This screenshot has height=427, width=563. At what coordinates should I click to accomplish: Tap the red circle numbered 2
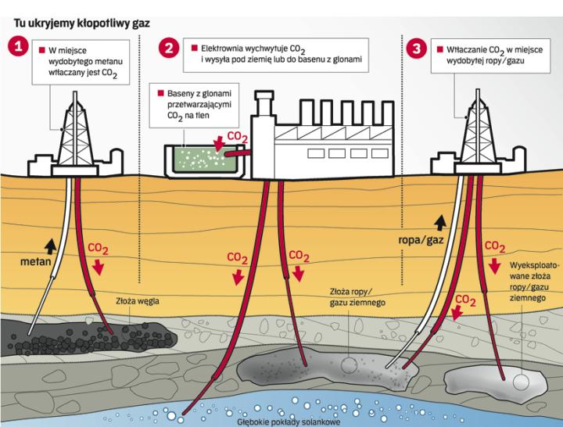[169, 48]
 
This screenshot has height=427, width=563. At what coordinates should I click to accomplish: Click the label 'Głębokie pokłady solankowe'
[280, 421]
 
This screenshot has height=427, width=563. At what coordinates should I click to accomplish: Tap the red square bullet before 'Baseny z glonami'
[160, 91]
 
